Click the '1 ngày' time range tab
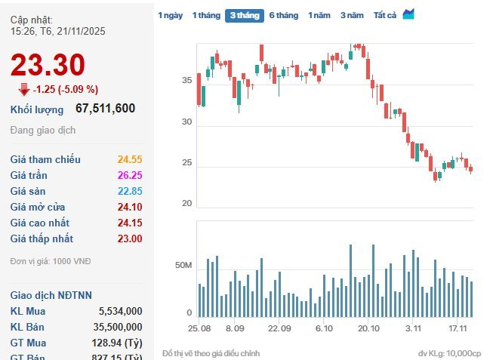point(171,15)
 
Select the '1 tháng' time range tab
point(206,15)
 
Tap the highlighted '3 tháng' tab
point(245,15)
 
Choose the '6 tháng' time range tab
point(284,15)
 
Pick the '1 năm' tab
point(319,15)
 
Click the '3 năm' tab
point(352,15)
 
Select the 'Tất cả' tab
point(385,15)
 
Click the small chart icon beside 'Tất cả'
point(408,14)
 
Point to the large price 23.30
point(48,66)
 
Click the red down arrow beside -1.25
point(24,90)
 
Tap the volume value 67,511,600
point(106,109)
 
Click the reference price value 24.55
point(130,159)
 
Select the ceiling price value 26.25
point(130,175)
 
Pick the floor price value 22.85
point(130,191)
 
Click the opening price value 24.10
point(130,207)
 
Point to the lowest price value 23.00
point(130,238)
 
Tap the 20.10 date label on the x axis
point(368,329)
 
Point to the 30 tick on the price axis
point(186,122)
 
